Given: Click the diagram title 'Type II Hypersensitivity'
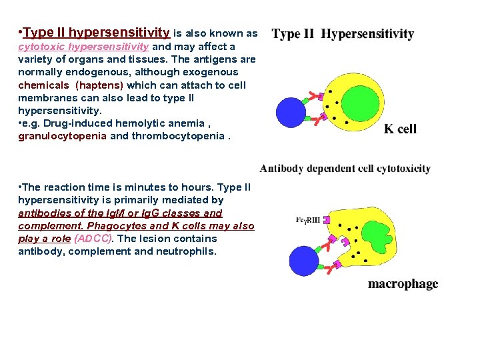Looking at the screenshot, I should tap(343, 34).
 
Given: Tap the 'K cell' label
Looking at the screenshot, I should tap(400, 129).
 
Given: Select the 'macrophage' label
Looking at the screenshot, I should tap(403, 284).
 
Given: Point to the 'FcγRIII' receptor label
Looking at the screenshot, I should tap(307, 220).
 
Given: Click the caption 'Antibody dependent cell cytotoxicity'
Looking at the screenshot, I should tap(345, 169).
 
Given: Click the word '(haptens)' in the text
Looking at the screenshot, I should tap(99, 85).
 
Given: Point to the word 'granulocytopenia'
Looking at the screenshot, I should tap(62, 136).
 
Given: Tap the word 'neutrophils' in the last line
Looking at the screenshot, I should tap(185, 251).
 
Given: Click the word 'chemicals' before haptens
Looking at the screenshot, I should tap(43, 85).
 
